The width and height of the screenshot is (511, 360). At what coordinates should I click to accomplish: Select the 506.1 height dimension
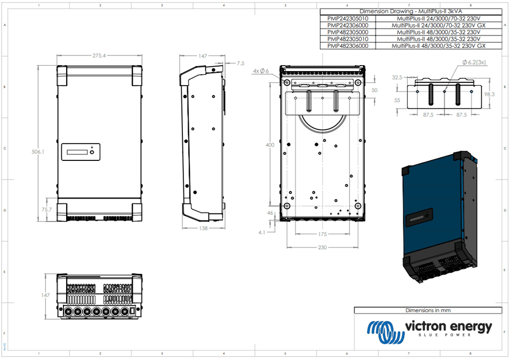(x=38, y=152)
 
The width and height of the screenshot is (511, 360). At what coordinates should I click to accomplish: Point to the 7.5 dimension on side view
(x=240, y=63)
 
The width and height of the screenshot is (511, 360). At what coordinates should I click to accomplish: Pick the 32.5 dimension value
(x=397, y=77)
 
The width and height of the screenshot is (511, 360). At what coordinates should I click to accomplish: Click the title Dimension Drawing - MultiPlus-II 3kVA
(x=413, y=11)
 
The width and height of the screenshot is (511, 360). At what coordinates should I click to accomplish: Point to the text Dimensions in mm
(x=429, y=310)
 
